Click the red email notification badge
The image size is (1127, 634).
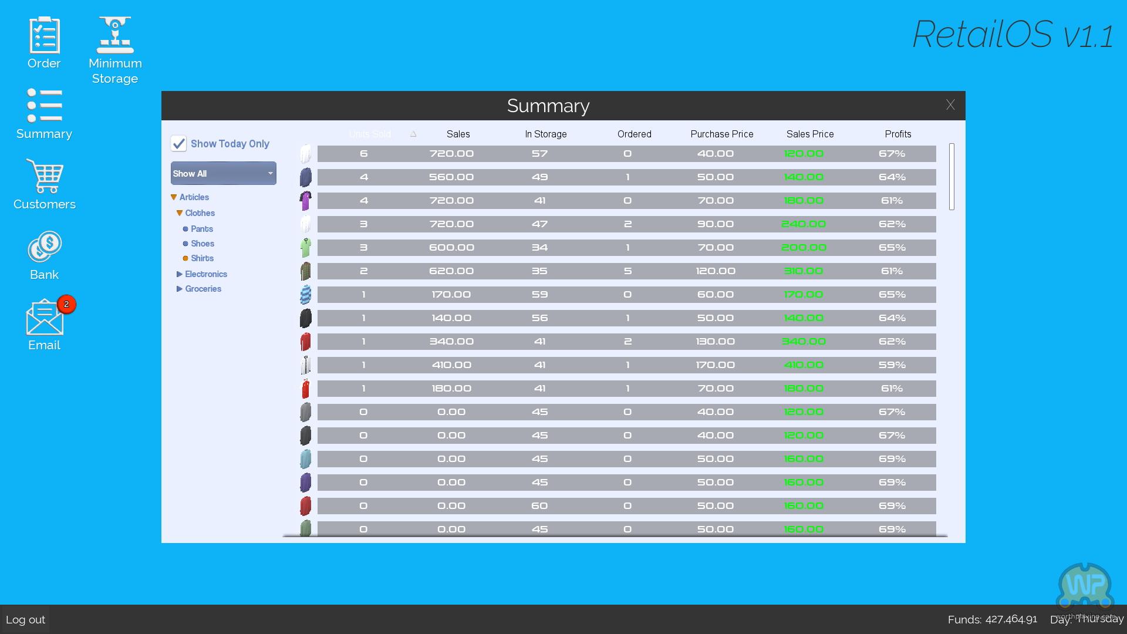(66, 304)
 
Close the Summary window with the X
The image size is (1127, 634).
(950, 105)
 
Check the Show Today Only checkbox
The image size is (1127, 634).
(178, 144)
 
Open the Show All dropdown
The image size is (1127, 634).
(223, 174)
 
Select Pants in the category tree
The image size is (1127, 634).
(201, 229)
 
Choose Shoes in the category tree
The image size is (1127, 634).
(202, 244)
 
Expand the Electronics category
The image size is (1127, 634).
(205, 274)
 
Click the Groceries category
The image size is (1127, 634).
(203, 289)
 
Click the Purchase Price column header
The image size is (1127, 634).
(721, 134)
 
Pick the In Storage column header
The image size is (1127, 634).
(545, 134)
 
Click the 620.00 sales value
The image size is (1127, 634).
(451, 271)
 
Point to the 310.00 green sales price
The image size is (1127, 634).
(803, 271)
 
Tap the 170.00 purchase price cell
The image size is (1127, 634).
(715, 365)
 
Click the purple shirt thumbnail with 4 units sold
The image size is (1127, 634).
(305, 201)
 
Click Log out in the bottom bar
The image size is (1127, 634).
(25, 619)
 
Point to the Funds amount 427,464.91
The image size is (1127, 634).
(1011, 619)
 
